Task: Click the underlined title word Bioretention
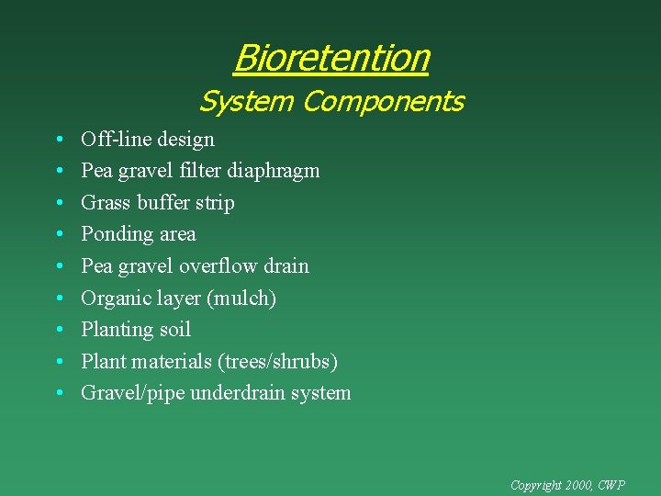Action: (x=331, y=58)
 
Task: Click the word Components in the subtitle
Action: (x=383, y=101)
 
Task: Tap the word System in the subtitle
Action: (x=246, y=101)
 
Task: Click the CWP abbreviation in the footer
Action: (x=611, y=484)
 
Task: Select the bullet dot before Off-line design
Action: (x=59, y=141)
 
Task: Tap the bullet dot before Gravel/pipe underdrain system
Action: (x=59, y=394)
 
